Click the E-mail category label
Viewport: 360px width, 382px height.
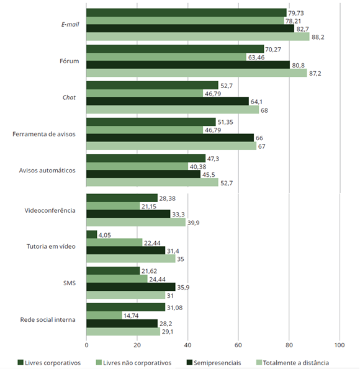point(70,24)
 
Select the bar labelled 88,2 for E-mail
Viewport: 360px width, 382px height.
point(198,37)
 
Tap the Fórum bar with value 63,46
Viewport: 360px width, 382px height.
point(166,57)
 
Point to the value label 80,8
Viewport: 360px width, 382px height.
point(298,65)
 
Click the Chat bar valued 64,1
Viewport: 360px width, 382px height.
point(168,101)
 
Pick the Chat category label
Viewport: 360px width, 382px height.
point(69,97)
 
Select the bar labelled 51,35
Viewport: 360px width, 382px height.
point(151,122)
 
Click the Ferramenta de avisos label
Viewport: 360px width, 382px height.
point(44,134)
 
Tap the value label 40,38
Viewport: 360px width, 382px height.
point(198,167)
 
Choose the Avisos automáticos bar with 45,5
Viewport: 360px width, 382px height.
point(143,174)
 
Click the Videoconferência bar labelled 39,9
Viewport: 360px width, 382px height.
point(136,222)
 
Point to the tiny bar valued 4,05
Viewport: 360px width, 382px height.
point(92,234)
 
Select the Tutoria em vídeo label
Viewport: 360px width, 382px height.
point(51,246)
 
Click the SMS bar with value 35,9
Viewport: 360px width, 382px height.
point(131,286)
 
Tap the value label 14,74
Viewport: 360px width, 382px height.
point(131,316)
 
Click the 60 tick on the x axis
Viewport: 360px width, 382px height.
point(238,345)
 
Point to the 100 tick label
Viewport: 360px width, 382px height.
point(340,345)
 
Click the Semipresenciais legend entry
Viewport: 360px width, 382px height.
point(214,363)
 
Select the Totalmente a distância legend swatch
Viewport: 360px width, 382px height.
point(259,363)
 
